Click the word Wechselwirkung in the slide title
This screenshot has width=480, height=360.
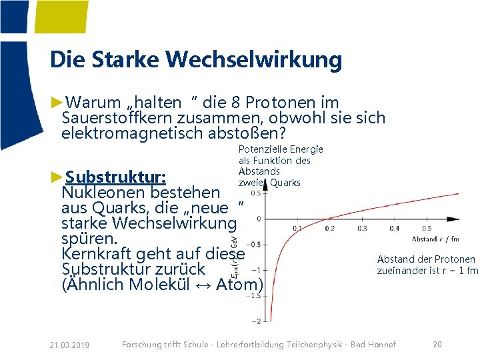pos(254,60)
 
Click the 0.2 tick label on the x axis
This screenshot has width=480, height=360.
pos(329,229)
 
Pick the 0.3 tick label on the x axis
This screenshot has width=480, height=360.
pos(362,229)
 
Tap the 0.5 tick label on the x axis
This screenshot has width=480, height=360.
pos(427,229)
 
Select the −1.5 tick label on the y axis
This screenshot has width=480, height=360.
pos(254,296)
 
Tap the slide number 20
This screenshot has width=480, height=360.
pos(437,345)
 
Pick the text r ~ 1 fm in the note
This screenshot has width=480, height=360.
pos(457,271)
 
